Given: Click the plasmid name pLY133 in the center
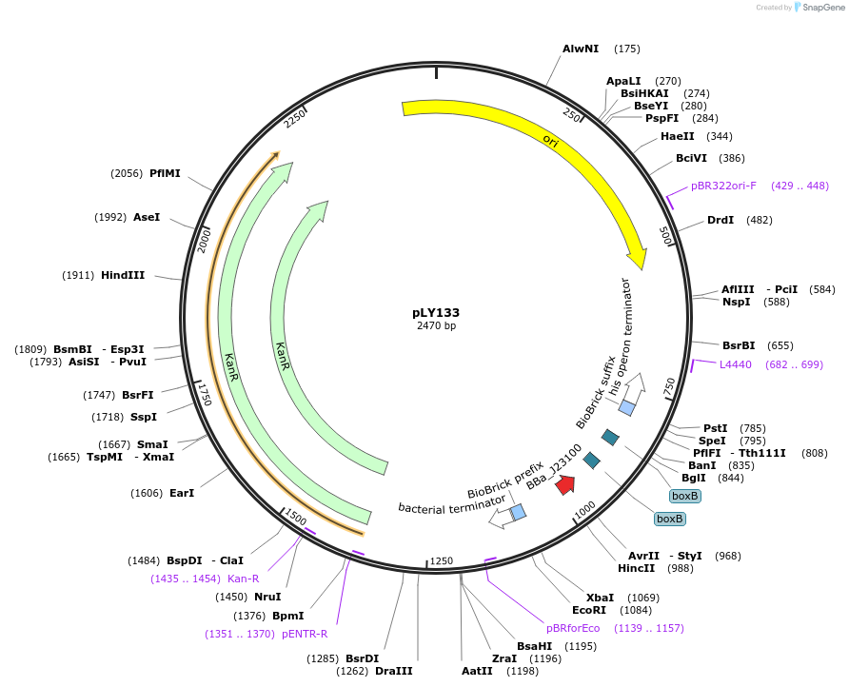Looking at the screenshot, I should [436, 312].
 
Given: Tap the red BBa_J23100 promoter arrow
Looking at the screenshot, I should [565, 484].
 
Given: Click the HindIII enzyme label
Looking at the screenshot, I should [123, 275].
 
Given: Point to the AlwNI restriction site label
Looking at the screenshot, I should [581, 49].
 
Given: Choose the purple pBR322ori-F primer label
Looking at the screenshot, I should [723, 186].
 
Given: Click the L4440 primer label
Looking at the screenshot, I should [735, 364].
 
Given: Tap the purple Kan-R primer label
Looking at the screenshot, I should [243, 579].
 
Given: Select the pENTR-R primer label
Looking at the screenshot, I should [305, 634].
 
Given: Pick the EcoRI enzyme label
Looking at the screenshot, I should [589, 610].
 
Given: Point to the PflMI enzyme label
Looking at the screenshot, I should [165, 173].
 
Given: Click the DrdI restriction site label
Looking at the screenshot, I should [721, 220].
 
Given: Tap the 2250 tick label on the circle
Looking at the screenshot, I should [295, 118].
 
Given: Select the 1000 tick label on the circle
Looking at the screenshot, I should [584, 511].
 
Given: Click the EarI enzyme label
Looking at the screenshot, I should [182, 493].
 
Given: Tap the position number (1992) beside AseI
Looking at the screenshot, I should [110, 217].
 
